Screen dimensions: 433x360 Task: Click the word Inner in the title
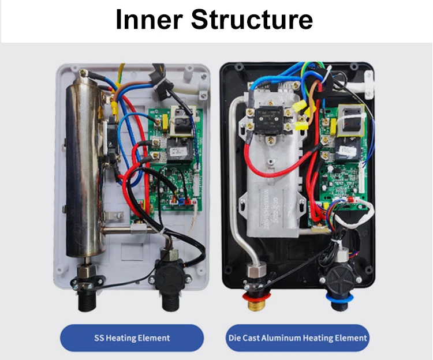coord(149,19)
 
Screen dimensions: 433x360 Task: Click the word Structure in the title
coord(252,19)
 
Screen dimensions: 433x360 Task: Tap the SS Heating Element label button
coord(132,338)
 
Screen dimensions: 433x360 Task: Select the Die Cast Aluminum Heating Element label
coord(298,338)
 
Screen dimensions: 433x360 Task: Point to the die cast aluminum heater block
coord(274,166)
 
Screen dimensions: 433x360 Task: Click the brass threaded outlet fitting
coord(257,305)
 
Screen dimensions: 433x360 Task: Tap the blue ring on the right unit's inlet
coord(339,298)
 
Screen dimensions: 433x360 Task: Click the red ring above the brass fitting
coord(256,297)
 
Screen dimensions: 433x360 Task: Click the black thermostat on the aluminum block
coord(270,121)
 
